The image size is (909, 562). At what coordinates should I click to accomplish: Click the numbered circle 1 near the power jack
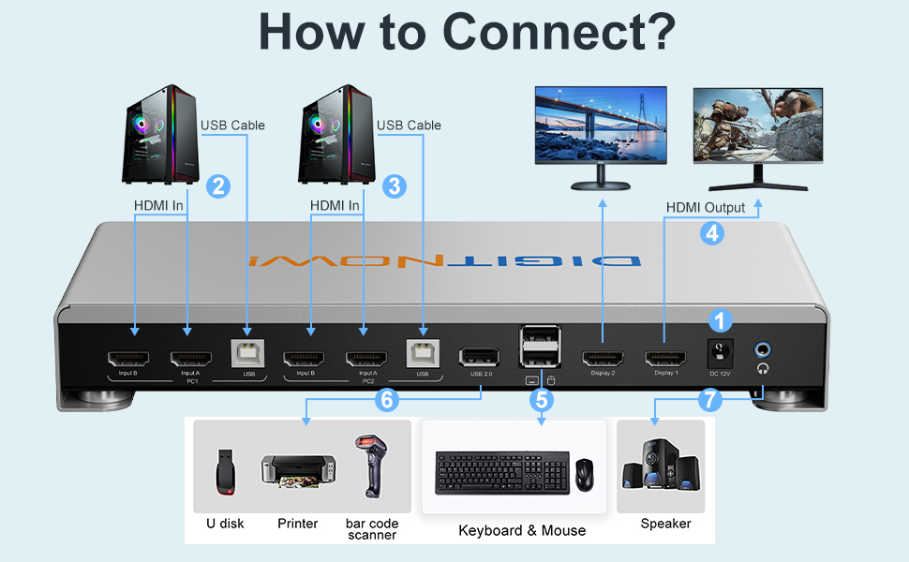pyautogui.click(x=720, y=321)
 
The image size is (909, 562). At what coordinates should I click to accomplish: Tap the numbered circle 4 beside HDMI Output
pyautogui.click(x=712, y=233)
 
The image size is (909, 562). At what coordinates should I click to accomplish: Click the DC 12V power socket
pyautogui.click(x=720, y=354)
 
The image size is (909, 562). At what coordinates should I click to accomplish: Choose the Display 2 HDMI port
pyautogui.click(x=602, y=358)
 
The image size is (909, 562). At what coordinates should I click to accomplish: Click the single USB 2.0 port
pyautogui.click(x=480, y=357)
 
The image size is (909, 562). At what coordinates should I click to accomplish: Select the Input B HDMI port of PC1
pyautogui.click(x=127, y=358)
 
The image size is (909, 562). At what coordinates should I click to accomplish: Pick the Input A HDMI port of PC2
pyautogui.click(x=366, y=358)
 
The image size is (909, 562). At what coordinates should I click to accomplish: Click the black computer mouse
pyautogui.click(x=584, y=474)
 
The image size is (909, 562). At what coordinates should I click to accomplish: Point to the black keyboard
pyautogui.click(x=500, y=473)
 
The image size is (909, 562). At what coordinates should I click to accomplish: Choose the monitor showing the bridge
pyautogui.click(x=600, y=127)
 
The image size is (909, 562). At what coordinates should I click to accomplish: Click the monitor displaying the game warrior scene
pyautogui.click(x=758, y=127)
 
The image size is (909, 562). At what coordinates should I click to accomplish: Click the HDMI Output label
pyautogui.click(x=705, y=207)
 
